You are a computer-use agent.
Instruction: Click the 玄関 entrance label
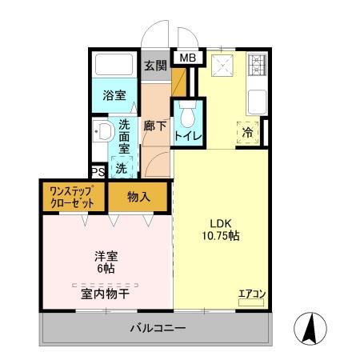[x=155, y=65]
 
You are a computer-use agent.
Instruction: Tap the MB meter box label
[x=186, y=58]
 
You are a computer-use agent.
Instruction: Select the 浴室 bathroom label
[x=114, y=95]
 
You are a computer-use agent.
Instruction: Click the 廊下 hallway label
[x=154, y=126]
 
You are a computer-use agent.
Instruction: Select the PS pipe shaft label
[x=98, y=172]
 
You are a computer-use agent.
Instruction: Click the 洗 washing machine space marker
[x=121, y=169]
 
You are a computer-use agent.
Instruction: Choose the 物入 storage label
[x=138, y=197]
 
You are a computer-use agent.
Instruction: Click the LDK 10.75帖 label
[x=221, y=230]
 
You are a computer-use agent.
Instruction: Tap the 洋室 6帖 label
[x=106, y=262]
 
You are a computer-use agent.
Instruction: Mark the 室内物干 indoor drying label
[x=105, y=294]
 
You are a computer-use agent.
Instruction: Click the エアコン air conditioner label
[x=252, y=294]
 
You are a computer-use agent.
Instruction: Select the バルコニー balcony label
[x=158, y=328]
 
